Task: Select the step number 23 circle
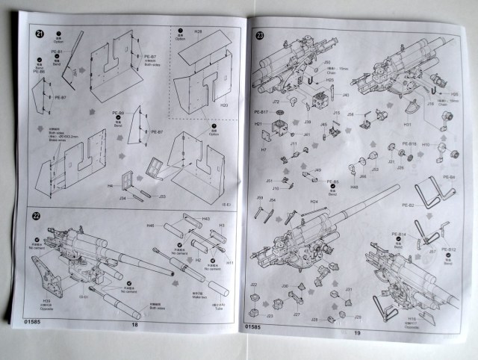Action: pos(259,35)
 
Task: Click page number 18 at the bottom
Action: pos(135,324)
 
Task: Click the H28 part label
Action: pos(199,33)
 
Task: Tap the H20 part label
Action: pos(223,105)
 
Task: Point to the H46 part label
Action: pos(150,225)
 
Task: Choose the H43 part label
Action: pos(207,217)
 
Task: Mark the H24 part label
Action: pos(314,201)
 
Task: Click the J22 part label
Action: pos(255,284)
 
